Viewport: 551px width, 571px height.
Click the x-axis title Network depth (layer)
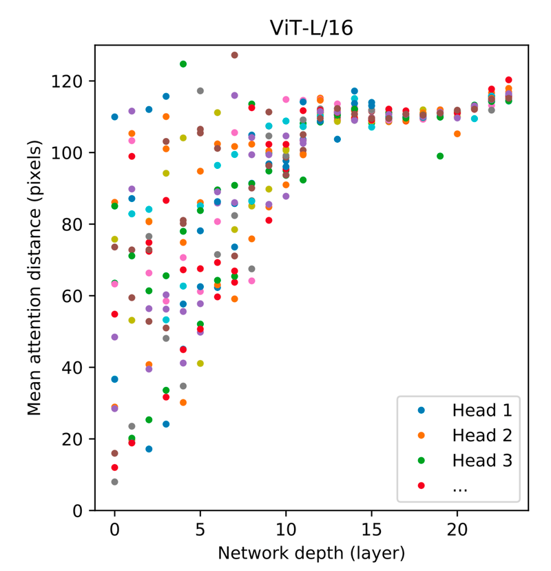(311, 553)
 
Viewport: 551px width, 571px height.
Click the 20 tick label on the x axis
(457, 530)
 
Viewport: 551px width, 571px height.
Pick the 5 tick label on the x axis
(200, 530)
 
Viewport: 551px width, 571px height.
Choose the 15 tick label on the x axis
(371, 530)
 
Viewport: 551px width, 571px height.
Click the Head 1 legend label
(482, 410)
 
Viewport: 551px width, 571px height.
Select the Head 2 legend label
(482, 436)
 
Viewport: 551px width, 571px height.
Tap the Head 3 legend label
(482, 461)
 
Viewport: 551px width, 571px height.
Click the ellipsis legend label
(460, 486)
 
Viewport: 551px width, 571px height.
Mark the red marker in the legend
(422, 485)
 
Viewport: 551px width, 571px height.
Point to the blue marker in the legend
(422, 410)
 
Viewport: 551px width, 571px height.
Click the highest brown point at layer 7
(235, 55)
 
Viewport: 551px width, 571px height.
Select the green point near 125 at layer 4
(183, 64)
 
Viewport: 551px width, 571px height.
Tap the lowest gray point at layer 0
(114, 482)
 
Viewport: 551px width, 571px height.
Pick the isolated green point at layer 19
(440, 156)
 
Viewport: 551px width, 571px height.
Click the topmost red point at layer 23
(508, 80)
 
